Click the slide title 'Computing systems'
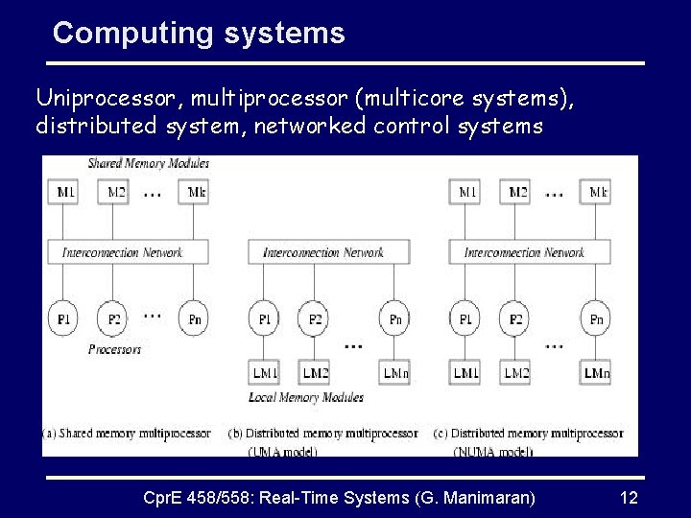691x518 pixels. (x=199, y=34)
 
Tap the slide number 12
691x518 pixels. (x=629, y=498)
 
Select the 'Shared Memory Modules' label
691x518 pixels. (x=149, y=163)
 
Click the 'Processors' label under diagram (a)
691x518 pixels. (x=114, y=349)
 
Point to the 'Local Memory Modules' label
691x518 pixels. (x=306, y=397)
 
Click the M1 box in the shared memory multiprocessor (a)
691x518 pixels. (x=66, y=192)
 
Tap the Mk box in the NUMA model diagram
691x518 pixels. (x=598, y=192)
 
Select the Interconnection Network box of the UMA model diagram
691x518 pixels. (x=322, y=252)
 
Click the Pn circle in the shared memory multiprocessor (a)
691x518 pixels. (x=194, y=318)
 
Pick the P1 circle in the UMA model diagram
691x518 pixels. (x=265, y=318)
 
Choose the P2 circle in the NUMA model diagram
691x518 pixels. (x=516, y=318)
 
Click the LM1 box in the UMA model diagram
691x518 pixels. (x=265, y=372)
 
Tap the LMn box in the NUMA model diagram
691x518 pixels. (x=597, y=372)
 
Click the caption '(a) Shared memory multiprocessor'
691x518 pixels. (x=126, y=434)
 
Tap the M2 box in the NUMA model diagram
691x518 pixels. (x=517, y=192)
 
